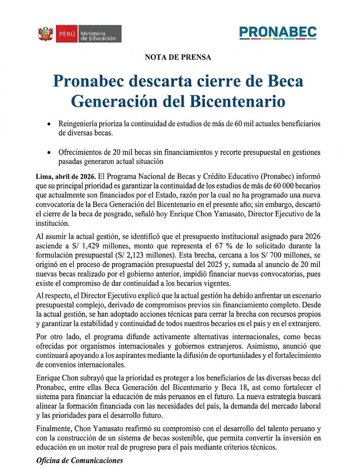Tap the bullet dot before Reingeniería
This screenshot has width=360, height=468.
49,125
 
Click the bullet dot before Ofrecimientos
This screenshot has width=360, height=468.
49,153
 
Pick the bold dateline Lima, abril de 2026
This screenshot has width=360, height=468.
64,176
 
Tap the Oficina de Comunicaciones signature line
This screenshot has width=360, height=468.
80,460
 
